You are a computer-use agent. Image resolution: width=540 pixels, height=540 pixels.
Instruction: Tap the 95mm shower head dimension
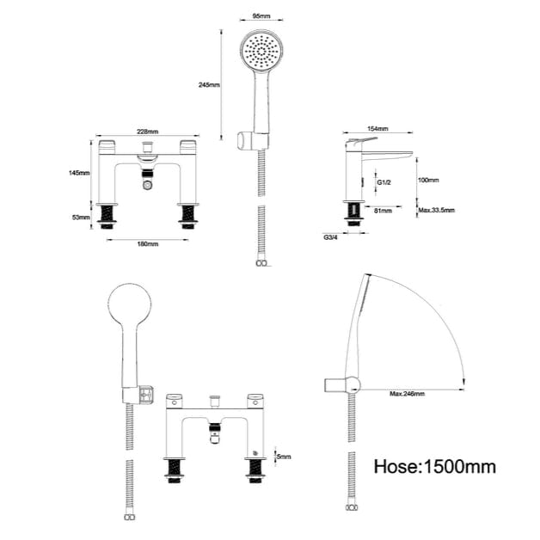[261, 15]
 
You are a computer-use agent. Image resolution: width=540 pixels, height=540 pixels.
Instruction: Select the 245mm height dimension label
[208, 85]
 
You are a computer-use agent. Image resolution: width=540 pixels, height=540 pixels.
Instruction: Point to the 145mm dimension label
[79, 173]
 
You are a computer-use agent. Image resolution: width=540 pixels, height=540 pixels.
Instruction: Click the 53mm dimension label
[81, 218]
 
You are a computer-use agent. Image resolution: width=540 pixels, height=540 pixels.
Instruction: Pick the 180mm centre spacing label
[147, 244]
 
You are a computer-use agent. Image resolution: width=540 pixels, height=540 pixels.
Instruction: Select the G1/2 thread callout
[384, 182]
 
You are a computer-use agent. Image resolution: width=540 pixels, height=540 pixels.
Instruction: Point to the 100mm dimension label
[428, 181]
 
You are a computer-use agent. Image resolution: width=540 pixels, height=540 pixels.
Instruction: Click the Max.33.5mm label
[436, 211]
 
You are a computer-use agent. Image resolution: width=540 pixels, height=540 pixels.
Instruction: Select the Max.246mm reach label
[407, 394]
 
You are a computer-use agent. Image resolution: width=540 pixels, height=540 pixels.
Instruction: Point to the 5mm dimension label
[283, 456]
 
